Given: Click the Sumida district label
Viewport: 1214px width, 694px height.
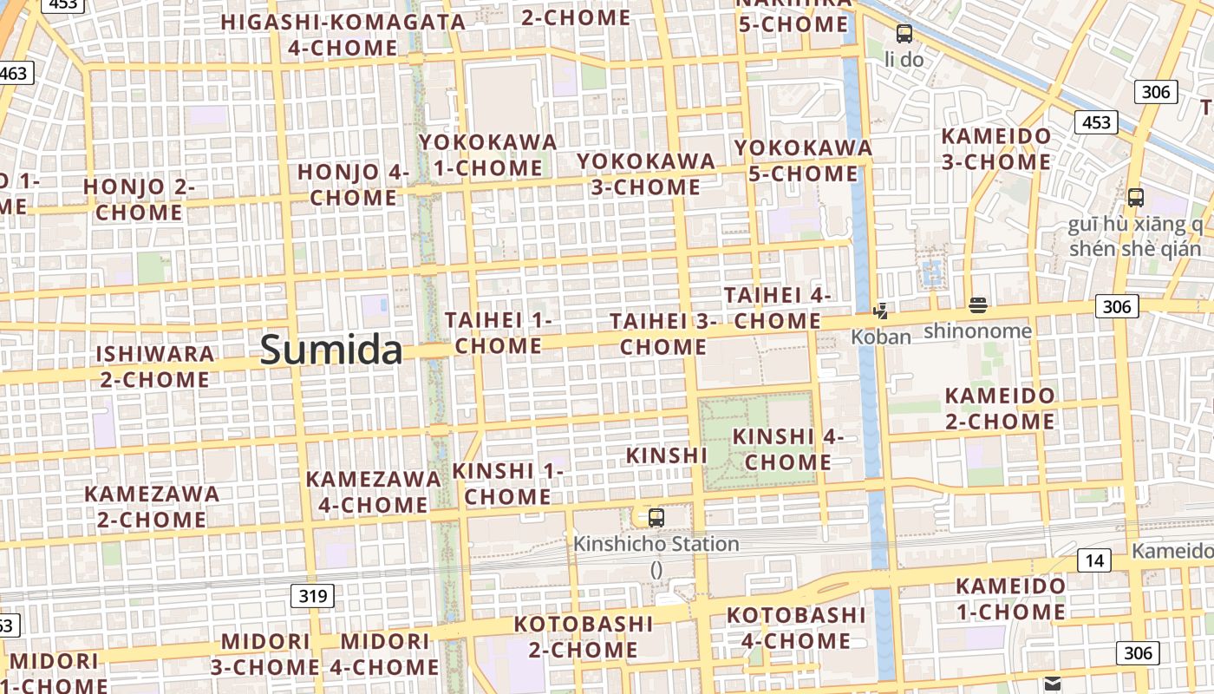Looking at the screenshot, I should coord(331,350).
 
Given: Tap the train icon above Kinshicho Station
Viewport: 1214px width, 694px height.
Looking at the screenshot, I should coord(656,518).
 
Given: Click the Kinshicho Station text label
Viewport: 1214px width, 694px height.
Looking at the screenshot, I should coord(656,545).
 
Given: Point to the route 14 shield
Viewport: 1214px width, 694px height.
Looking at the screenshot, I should coord(1095,560).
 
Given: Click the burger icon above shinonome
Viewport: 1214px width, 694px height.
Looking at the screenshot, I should coord(978,305).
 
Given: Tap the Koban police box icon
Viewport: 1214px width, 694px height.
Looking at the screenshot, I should coord(880,311).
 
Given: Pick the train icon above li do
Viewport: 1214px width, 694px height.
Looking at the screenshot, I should coord(904,34).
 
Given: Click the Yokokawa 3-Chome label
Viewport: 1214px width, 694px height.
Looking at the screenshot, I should coord(646,174).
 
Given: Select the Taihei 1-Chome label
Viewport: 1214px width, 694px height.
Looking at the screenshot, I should coord(499,333).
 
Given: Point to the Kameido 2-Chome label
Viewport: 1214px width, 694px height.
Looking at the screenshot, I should coord(1000,409).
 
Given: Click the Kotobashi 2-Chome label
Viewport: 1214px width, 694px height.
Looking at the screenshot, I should coord(584,637).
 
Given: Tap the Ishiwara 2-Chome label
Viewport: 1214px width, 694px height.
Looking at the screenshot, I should coord(155,366).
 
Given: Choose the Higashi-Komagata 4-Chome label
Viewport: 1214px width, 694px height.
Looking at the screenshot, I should coord(344,35).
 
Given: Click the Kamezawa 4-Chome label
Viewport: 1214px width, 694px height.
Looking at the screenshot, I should coord(373,491).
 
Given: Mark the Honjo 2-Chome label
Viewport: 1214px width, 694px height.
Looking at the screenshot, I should coord(139,200).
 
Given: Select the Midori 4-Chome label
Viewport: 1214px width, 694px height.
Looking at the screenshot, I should coord(385,654).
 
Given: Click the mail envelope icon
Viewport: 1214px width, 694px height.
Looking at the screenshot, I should coord(1053,684).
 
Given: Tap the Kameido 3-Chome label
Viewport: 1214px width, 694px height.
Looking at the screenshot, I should coord(996,149).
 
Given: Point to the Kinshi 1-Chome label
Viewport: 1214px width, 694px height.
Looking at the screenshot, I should coord(508,484).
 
